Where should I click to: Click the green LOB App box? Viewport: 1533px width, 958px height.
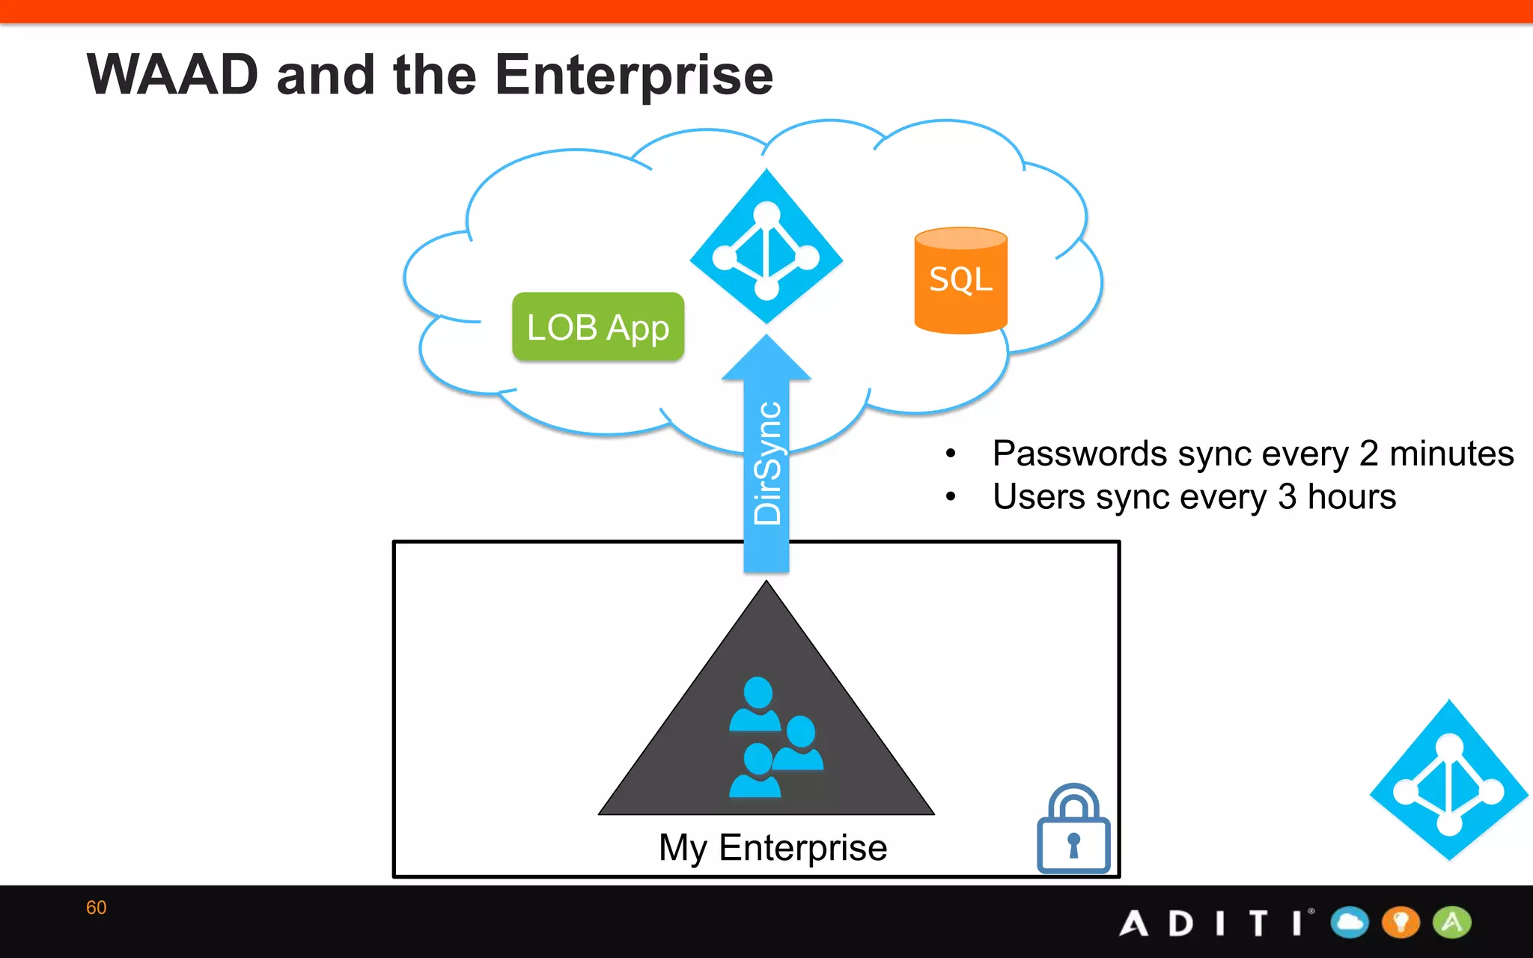tap(598, 327)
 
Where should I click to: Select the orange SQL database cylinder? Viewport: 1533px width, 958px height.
tap(960, 281)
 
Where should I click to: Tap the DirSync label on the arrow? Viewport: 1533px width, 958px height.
tap(767, 464)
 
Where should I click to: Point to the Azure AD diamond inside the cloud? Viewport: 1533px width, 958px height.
tap(766, 247)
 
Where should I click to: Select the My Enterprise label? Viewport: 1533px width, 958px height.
tap(772, 848)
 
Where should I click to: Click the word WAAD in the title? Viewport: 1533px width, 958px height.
tap(173, 76)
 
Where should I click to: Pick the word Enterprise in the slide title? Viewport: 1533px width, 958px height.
tap(634, 76)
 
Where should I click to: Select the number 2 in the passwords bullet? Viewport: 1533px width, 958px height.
tap(1368, 454)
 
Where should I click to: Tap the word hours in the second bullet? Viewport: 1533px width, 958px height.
tap(1351, 497)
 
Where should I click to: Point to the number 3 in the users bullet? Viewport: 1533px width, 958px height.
tap(1287, 497)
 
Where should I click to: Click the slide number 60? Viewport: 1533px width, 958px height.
tap(97, 908)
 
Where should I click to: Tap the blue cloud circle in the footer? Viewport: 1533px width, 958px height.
tap(1350, 922)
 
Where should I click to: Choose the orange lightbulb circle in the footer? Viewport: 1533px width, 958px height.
tap(1401, 922)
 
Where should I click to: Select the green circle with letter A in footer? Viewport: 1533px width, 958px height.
tap(1452, 922)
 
